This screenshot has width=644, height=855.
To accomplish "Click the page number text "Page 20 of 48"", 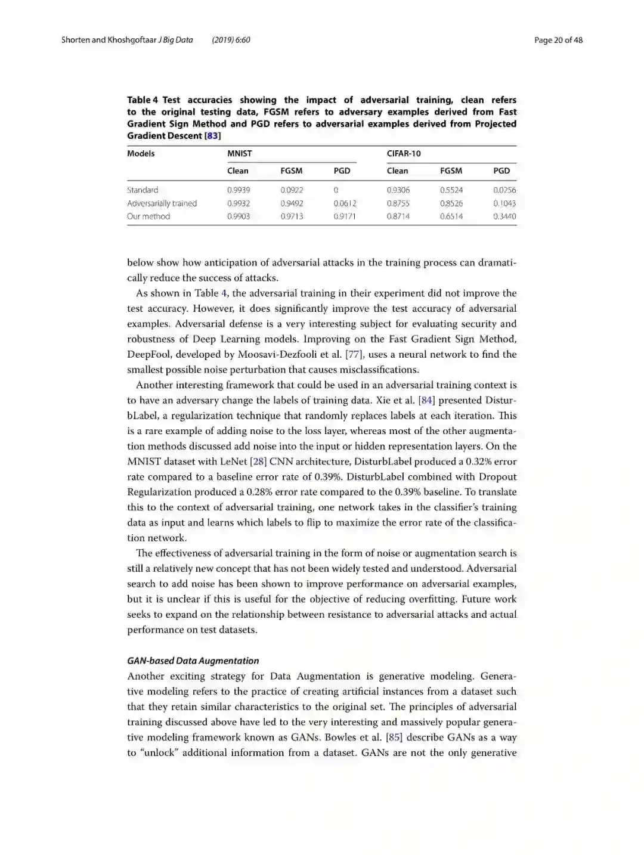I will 558,40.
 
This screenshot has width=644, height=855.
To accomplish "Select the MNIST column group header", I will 240,153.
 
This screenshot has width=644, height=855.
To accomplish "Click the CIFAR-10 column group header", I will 404,153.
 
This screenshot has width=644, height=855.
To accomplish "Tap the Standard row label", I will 143,190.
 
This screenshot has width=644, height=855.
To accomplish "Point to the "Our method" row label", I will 148,216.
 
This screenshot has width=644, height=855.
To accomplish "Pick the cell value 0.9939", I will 239,190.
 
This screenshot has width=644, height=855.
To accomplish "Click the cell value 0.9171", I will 345,216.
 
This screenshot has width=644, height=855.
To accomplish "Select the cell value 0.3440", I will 504,216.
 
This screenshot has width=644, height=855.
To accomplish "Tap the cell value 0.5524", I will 451,190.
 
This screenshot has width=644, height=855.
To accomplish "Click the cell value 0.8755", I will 398,203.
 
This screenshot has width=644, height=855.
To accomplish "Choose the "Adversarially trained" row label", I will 162,203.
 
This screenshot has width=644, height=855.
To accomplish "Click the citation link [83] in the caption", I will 213,135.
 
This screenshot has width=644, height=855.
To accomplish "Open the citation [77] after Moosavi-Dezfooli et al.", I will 354,354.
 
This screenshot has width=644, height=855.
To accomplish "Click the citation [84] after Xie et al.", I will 426,400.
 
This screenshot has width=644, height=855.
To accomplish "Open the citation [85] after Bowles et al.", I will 394,737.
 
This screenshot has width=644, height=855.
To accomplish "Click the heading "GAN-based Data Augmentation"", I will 193,661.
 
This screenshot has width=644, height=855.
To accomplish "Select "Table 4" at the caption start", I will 143,100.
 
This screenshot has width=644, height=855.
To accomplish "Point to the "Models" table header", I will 141,153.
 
